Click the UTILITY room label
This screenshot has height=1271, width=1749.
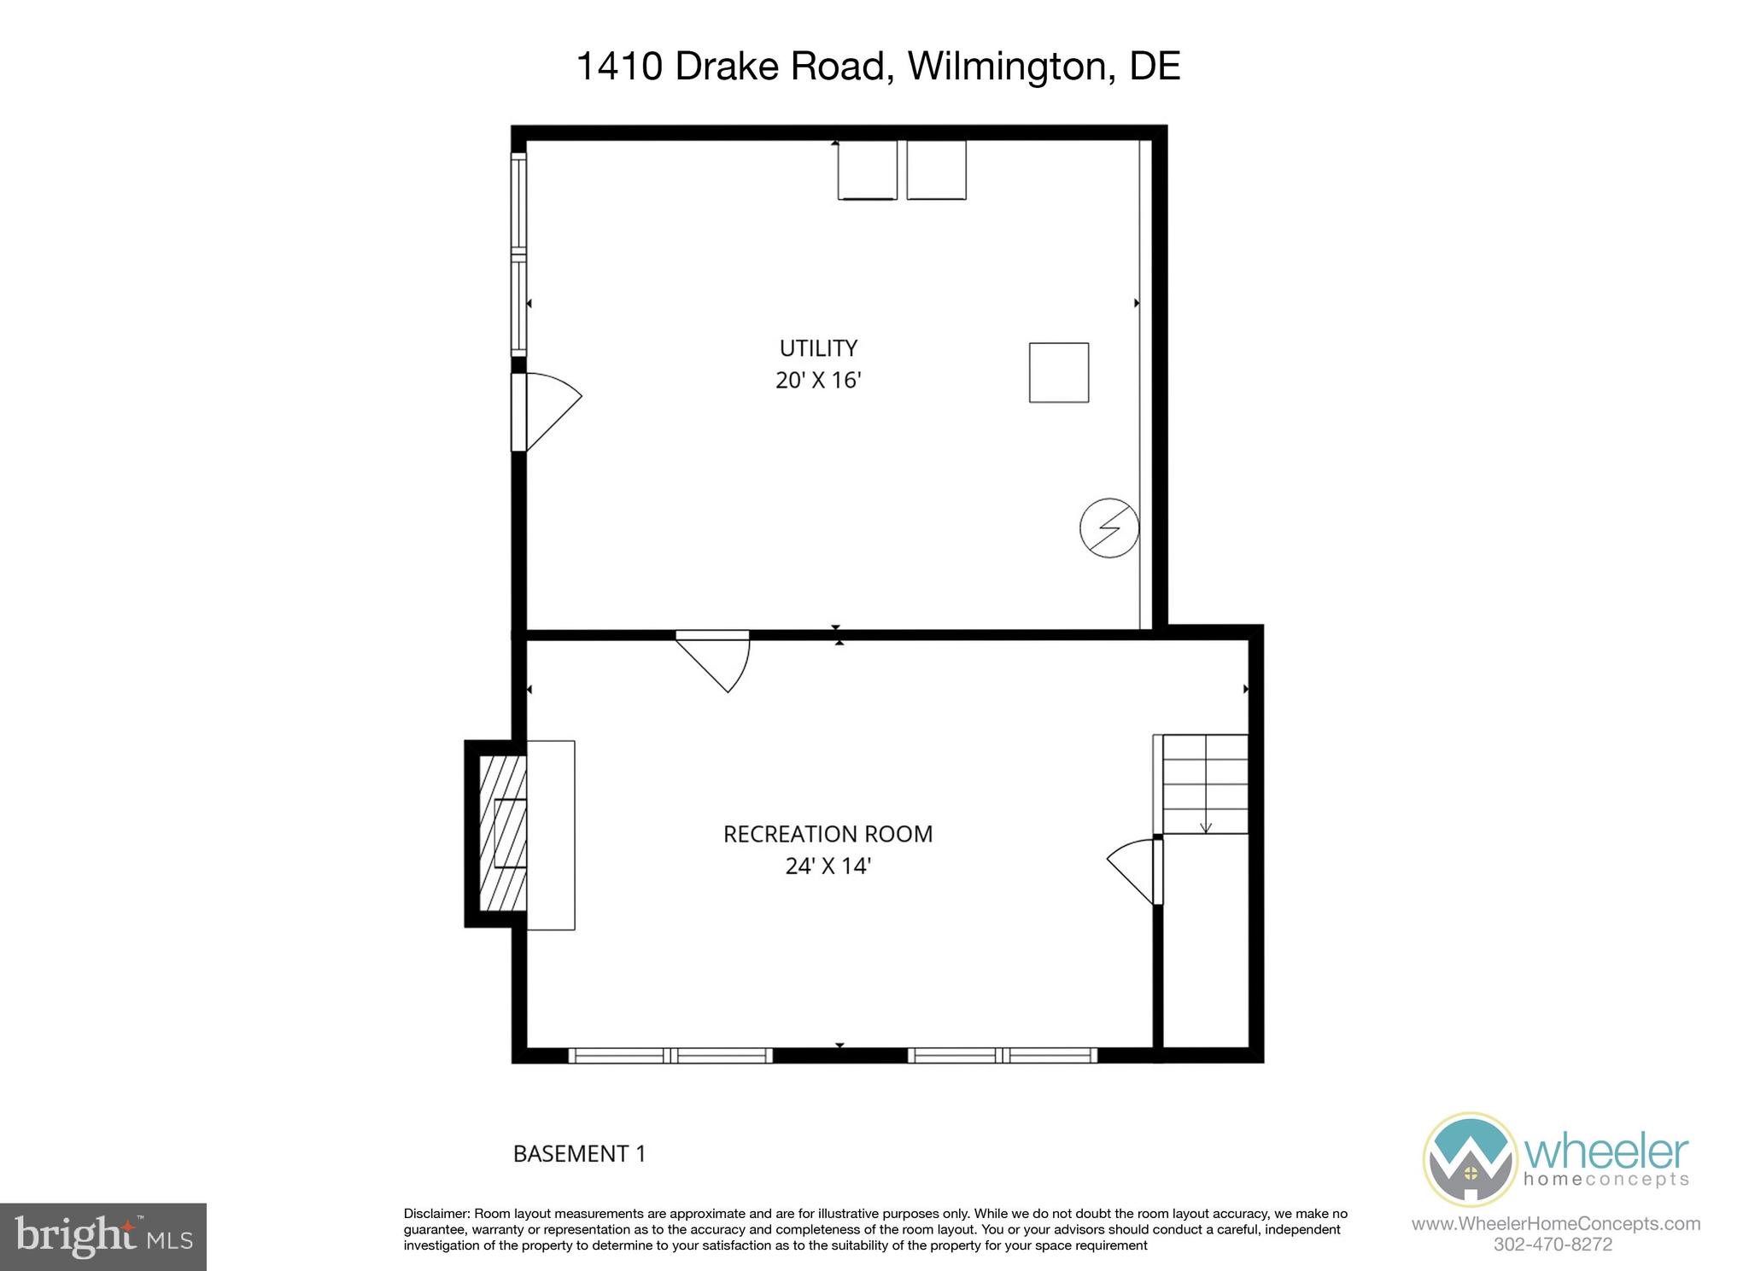[x=818, y=348]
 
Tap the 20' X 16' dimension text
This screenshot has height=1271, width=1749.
[x=818, y=380]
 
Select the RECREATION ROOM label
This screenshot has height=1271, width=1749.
[x=828, y=834]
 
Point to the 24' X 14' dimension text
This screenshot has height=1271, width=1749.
[x=828, y=866]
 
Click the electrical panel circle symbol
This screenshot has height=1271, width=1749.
[x=1109, y=528]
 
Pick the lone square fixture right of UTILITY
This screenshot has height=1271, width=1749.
[x=1059, y=372]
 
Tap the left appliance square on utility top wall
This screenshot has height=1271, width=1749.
[x=867, y=170]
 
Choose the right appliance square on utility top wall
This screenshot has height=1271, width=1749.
[x=936, y=170]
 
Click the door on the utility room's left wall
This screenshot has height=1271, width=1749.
[x=547, y=411]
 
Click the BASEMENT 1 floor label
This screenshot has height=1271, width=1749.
[x=579, y=1154]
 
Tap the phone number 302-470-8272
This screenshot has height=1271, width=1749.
[x=1553, y=1245]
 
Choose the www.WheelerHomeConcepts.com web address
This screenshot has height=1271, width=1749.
[x=1555, y=1224]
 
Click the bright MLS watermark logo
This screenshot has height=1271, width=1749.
[x=103, y=1236]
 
